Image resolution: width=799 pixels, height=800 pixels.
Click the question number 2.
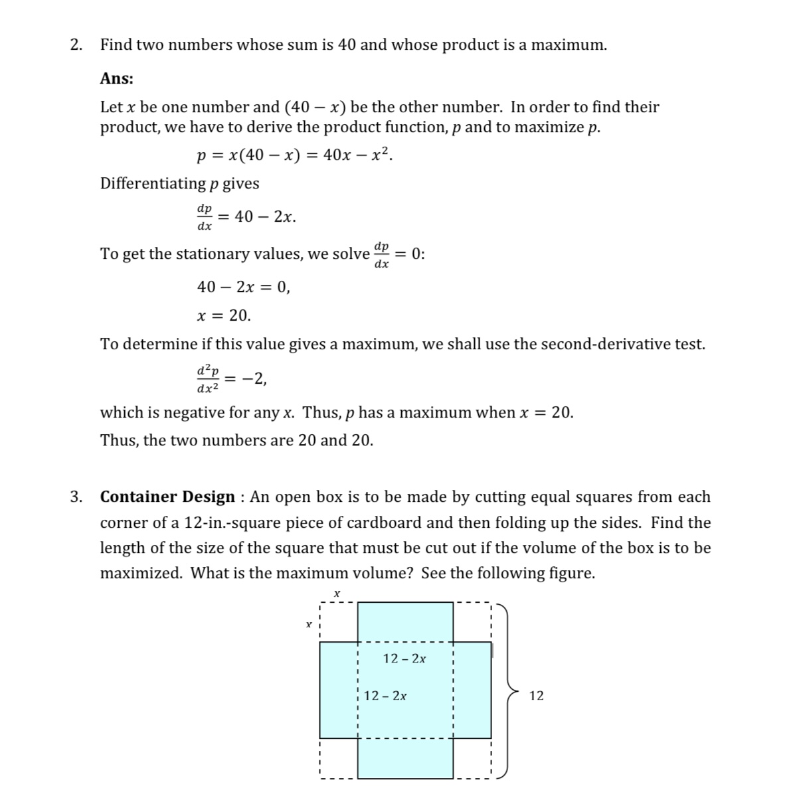76,45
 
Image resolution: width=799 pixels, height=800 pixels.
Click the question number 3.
76,497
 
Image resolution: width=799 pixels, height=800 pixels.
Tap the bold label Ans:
116,78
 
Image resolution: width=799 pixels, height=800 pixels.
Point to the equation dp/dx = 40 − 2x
246,217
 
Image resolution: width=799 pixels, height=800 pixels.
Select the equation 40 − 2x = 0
243,287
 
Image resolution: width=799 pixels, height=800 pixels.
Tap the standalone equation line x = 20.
224,315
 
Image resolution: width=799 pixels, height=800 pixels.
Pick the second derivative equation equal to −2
232,379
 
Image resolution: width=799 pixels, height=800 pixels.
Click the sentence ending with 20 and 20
236,440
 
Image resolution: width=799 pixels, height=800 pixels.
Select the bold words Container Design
167,497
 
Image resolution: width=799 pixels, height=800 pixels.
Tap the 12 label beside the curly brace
536,696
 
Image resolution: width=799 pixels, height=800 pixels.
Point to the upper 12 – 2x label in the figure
405,659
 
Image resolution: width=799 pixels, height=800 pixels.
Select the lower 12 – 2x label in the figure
386,696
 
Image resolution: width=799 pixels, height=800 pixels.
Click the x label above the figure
337,592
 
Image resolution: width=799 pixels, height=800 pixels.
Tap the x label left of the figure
308,624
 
